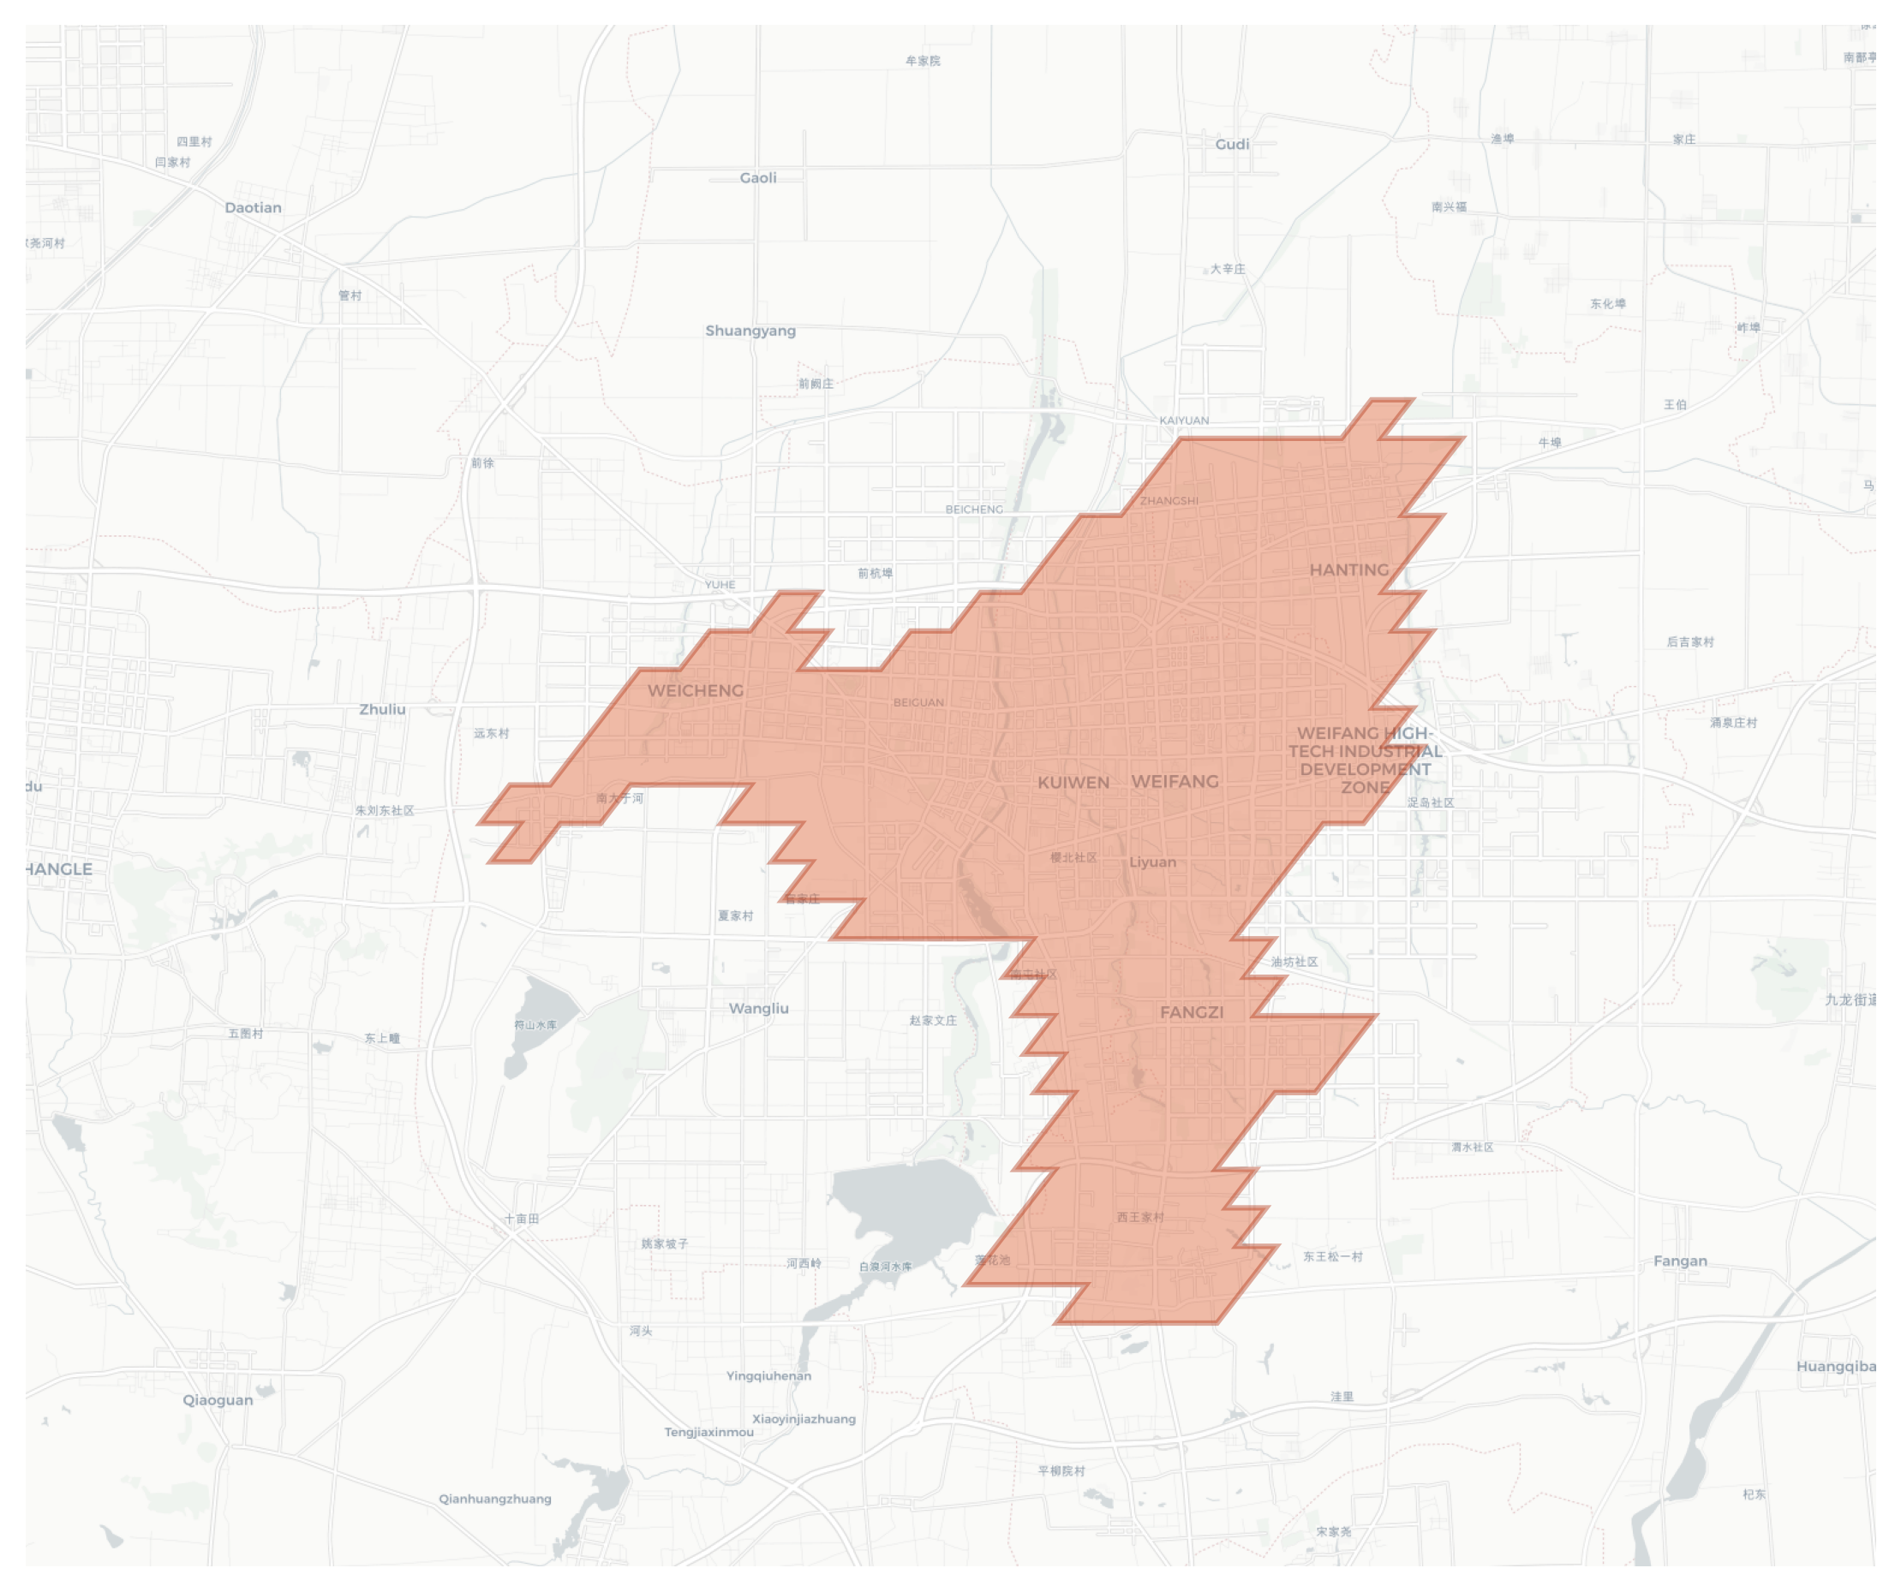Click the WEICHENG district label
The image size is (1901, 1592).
pyautogui.click(x=696, y=690)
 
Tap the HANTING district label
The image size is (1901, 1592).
pyautogui.click(x=1348, y=569)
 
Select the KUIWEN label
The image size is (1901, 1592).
pyautogui.click(x=1073, y=782)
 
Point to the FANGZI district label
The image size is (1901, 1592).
pyautogui.click(x=1192, y=1012)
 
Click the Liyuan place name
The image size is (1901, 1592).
pyautogui.click(x=1152, y=862)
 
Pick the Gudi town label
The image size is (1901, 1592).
pyautogui.click(x=1231, y=144)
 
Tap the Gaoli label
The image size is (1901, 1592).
pyautogui.click(x=757, y=177)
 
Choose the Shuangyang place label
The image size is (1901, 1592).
pyautogui.click(x=750, y=331)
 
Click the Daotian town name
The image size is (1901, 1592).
pyautogui.click(x=253, y=207)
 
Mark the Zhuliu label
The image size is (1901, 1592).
pyautogui.click(x=382, y=709)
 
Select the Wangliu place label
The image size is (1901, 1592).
pyautogui.click(x=758, y=1008)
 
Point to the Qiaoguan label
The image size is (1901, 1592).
pyautogui.click(x=218, y=1399)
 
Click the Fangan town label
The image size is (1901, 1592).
pyautogui.click(x=1680, y=1261)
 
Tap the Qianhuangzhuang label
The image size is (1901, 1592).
pyautogui.click(x=494, y=1498)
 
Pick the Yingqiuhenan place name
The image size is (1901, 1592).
pyautogui.click(x=768, y=1375)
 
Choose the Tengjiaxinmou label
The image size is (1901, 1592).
pyautogui.click(x=708, y=1432)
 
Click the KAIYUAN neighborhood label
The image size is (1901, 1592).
pyautogui.click(x=1183, y=420)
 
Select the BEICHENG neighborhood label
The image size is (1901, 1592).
pyautogui.click(x=974, y=510)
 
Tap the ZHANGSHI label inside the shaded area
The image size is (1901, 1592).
pyautogui.click(x=1168, y=500)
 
